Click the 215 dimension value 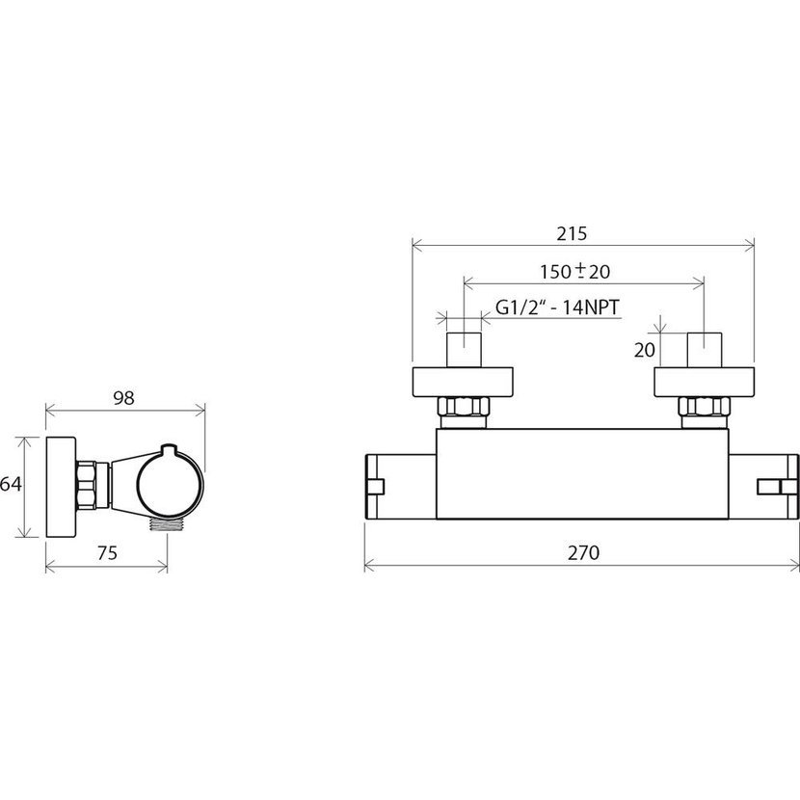(x=572, y=233)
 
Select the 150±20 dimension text (x=575, y=271)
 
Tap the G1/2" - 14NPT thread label (x=557, y=307)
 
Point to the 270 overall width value (x=584, y=552)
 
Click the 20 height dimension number (x=645, y=350)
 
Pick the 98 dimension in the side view (x=123, y=397)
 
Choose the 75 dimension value (x=107, y=552)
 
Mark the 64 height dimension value (x=11, y=484)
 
